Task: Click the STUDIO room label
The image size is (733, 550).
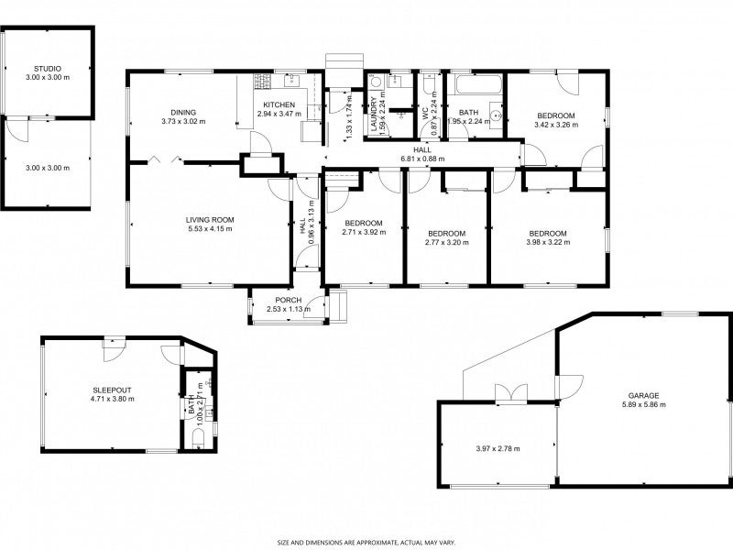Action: [x=48, y=69]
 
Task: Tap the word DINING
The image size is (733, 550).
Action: [x=183, y=112]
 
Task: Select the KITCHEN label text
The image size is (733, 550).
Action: [x=279, y=104]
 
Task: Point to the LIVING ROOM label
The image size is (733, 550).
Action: [x=210, y=220]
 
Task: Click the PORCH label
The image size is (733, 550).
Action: [x=289, y=301]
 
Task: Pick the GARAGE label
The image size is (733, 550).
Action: [x=644, y=396]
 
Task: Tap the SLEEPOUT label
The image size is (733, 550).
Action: [x=112, y=390]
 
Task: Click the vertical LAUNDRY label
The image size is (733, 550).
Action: [x=374, y=114]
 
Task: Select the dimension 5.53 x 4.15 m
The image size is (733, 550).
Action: [x=210, y=228]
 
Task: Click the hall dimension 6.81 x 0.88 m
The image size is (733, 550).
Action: [x=422, y=159]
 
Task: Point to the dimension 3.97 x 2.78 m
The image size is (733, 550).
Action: [x=498, y=448]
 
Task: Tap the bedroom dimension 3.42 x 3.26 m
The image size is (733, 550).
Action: [x=556, y=125]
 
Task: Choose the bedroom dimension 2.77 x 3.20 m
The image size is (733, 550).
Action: [x=447, y=242]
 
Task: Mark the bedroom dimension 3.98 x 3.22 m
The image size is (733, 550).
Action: [x=548, y=242]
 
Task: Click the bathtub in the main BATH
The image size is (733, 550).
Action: [x=478, y=85]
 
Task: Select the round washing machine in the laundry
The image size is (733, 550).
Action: [x=376, y=82]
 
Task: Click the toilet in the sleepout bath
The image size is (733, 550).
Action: [x=199, y=439]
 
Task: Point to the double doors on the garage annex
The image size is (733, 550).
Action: [x=511, y=393]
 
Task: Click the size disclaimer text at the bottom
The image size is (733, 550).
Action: [x=366, y=543]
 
